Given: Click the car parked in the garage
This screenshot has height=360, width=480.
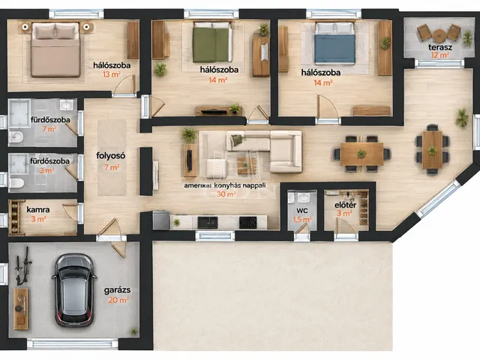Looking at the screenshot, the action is tap(74, 290).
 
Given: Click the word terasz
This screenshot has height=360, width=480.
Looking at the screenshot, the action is tap(440, 47).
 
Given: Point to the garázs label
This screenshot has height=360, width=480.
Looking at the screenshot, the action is tap(117, 290).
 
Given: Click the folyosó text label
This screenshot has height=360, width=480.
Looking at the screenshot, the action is tap(111, 156).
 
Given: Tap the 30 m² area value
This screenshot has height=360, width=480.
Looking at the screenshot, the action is tap(226, 194).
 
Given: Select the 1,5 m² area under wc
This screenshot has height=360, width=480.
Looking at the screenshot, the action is tap(302, 220).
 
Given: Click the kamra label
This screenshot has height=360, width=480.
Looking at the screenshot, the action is tap(38, 210).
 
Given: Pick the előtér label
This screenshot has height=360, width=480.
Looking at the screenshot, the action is tap(345, 205).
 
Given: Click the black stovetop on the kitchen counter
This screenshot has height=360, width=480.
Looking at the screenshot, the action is tap(248, 223).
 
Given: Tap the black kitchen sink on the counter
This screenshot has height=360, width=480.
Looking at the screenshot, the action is tap(208, 223).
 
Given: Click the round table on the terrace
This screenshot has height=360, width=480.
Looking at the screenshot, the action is tap(439, 35).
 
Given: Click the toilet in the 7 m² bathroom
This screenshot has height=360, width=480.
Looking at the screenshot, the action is tap(16, 137).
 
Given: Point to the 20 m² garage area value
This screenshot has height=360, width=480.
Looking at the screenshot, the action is tap(118, 300).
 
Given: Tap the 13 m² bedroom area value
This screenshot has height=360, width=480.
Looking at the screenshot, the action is tap(112, 74).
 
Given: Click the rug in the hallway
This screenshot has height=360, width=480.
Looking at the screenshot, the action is tap(112, 157).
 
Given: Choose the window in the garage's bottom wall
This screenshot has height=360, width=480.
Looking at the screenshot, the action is tap(72, 343).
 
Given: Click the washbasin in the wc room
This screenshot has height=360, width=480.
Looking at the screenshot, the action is tap(302, 197).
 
